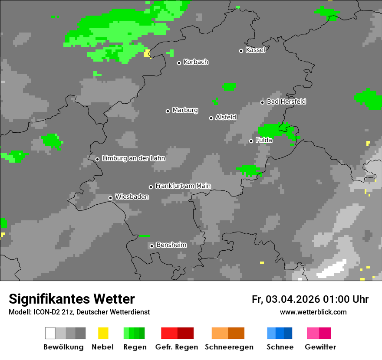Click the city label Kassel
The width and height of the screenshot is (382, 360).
point(255,50)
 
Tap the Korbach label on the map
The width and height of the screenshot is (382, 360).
point(196,62)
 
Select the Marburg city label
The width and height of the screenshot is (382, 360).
point(185,110)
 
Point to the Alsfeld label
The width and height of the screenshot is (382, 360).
point(226,117)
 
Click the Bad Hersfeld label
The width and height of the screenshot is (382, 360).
point(286,101)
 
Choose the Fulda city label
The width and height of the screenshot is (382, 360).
point(264,140)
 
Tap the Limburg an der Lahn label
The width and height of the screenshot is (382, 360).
point(134,158)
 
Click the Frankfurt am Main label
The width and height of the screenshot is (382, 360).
point(183,186)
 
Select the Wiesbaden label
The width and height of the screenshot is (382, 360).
point(132,197)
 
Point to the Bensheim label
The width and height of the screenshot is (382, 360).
point(171,245)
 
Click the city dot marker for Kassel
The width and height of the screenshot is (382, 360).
point(241,51)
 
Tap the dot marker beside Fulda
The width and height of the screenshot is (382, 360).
point(251,141)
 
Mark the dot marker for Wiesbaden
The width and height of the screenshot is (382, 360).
point(111,198)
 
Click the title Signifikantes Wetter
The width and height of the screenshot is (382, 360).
point(72,299)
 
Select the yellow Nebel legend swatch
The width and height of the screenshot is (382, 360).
point(103,333)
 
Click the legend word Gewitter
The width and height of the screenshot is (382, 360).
point(320,347)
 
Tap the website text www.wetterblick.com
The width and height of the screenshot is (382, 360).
point(313,312)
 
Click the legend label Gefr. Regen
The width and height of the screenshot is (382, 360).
point(177,347)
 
